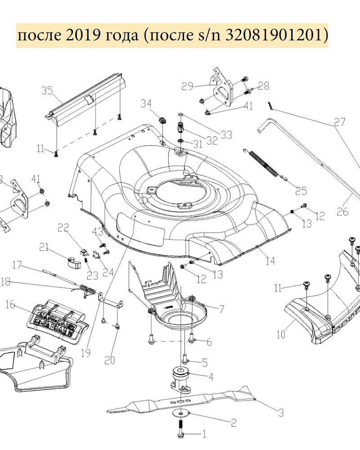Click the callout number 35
tap(47, 90)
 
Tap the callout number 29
tap(187, 86)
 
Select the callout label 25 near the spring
tap(301, 190)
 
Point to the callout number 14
tap(270, 260)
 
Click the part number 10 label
tap(281, 334)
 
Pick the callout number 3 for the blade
tap(280, 412)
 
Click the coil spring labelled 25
tap(265, 164)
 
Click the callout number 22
tap(63, 228)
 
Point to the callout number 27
tap(340, 122)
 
